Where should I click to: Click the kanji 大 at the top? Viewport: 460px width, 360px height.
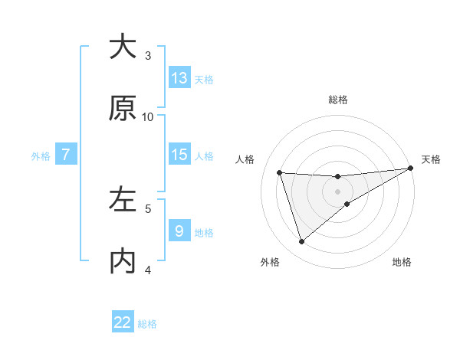tap(123, 47)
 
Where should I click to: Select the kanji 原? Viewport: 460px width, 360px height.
tap(123, 109)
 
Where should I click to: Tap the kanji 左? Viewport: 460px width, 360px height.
tap(123, 200)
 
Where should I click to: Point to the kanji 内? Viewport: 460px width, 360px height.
tap(123, 261)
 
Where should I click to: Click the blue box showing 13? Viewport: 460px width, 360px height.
tap(179, 78)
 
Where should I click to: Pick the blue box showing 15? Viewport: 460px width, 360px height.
tap(179, 155)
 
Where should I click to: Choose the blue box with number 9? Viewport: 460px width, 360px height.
tap(179, 231)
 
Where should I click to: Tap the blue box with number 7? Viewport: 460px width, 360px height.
tap(66, 155)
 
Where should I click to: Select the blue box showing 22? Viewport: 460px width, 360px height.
tap(123, 322)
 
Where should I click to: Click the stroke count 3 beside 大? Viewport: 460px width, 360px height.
tap(148, 56)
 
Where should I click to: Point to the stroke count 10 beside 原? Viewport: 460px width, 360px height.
tap(148, 117)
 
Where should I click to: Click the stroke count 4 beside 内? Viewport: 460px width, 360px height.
tap(148, 270)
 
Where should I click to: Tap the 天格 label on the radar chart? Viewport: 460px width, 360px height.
tap(431, 159)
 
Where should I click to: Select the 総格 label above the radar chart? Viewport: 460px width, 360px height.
tap(338, 100)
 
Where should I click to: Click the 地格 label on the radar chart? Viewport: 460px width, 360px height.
tap(402, 263)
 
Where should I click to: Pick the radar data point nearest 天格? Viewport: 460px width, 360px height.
tap(410, 169)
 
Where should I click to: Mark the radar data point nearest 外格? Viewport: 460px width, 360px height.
tap(301, 242)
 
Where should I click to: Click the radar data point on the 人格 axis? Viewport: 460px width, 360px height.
tap(280, 172)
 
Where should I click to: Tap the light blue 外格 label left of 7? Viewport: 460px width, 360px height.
tap(41, 156)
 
